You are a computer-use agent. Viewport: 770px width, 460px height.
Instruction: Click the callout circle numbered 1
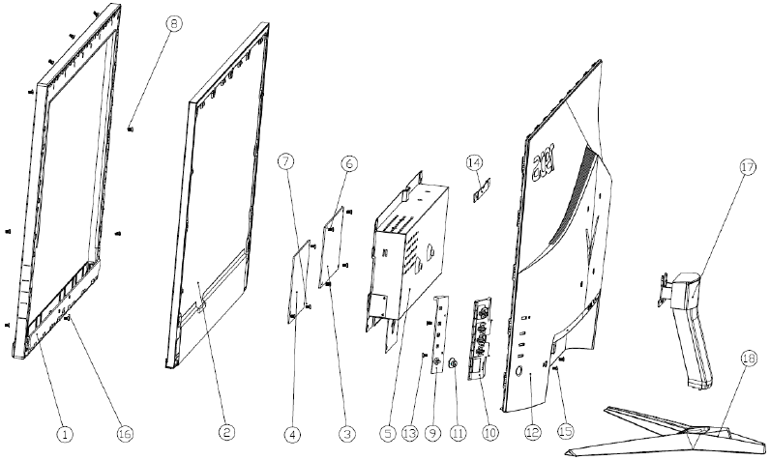click(x=64, y=434)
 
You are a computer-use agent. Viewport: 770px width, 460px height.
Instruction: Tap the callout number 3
click(x=346, y=434)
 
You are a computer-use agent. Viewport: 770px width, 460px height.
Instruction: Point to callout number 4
click(x=291, y=434)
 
